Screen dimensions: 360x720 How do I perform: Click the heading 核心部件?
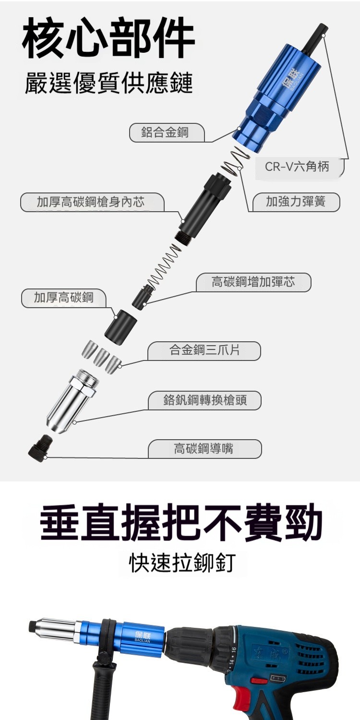[x=108, y=38]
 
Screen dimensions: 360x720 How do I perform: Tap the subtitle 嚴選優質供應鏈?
[x=109, y=83]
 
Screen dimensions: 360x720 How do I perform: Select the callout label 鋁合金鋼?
[x=165, y=132]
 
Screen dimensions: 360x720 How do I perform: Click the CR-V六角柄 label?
[x=297, y=166]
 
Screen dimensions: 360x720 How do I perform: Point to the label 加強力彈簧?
[x=296, y=202]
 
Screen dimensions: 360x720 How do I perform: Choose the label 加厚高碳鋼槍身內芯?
[x=91, y=202]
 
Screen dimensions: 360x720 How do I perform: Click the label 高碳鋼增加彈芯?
[x=253, y=282]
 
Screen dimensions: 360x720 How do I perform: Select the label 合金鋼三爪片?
[x=204, y=350]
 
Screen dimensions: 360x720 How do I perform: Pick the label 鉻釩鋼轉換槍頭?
[x=205, y=400]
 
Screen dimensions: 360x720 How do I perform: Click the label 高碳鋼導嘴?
[x=203, y=448]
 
